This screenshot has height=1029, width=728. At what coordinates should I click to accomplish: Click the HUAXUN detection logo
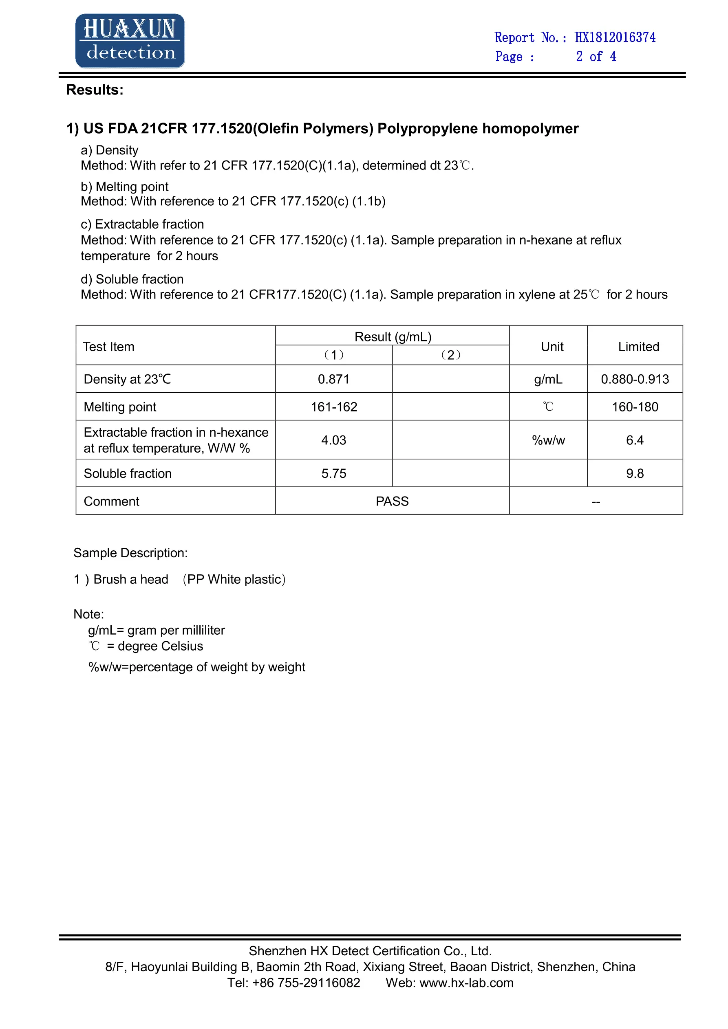130,41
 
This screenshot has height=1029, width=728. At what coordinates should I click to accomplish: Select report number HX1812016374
615,37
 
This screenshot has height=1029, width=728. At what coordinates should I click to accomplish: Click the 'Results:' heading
95,90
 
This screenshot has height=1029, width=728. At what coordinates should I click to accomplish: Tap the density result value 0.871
333,379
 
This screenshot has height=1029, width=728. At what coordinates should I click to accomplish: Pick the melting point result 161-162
334,407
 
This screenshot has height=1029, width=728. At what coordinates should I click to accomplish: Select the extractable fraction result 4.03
333,440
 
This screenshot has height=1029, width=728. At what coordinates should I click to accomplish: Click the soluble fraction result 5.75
333,473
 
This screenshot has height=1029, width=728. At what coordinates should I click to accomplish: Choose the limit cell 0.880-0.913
635,379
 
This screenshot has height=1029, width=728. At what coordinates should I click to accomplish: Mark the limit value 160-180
635,407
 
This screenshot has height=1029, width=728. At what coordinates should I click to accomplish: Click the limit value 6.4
635,440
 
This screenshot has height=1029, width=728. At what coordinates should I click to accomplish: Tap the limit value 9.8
635,473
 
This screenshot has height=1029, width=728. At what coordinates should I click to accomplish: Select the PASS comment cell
392,501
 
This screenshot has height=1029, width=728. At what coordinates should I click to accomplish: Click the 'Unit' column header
552,346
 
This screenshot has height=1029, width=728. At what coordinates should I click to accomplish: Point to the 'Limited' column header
638,346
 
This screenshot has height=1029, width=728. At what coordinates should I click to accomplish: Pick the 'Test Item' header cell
108,346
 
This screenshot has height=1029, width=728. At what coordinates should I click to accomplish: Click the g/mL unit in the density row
548,379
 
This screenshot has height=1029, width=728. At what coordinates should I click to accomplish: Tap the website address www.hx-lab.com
466,983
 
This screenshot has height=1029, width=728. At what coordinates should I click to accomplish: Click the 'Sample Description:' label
130,553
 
